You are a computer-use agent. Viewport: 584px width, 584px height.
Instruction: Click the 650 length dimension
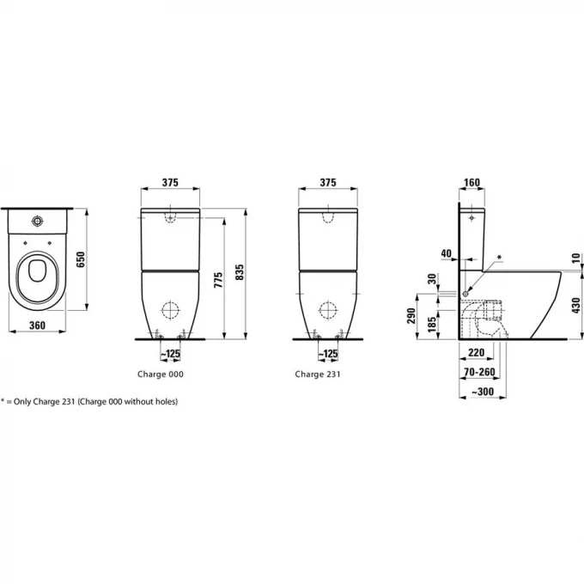81,259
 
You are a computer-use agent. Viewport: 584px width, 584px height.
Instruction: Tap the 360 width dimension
37,325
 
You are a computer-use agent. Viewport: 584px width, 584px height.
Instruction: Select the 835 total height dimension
240,272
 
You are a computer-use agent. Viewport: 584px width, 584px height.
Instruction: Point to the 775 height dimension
219,280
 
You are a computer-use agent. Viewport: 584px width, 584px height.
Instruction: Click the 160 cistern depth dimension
471,182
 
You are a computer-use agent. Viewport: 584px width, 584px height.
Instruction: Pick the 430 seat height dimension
575,305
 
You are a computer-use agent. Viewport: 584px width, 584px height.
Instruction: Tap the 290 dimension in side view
411,316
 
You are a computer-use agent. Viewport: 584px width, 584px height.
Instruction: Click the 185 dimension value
432,324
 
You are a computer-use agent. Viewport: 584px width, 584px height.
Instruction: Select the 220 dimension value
477,352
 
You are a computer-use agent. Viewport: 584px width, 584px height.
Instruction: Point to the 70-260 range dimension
480,372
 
